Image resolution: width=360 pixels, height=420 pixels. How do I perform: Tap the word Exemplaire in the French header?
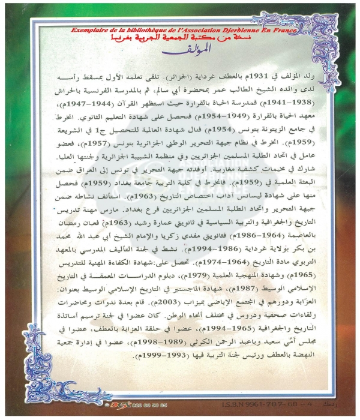89,29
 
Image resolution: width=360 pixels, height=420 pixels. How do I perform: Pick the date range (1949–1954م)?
212,115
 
